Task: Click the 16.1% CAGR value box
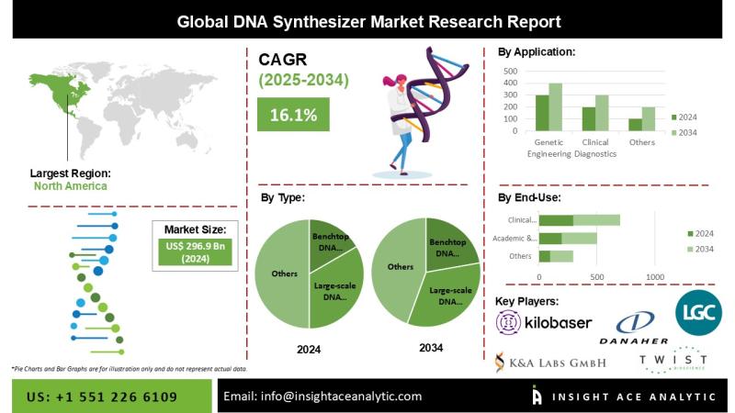293,115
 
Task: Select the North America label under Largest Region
70,185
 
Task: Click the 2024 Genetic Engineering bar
542,113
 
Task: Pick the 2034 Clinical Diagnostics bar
601,113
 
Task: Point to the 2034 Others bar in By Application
649,119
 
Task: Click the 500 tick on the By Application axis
512,71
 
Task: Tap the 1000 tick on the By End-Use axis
654,277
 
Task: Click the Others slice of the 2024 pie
280,273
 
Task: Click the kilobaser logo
543,322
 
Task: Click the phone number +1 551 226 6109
103,396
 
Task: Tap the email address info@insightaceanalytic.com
322,396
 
